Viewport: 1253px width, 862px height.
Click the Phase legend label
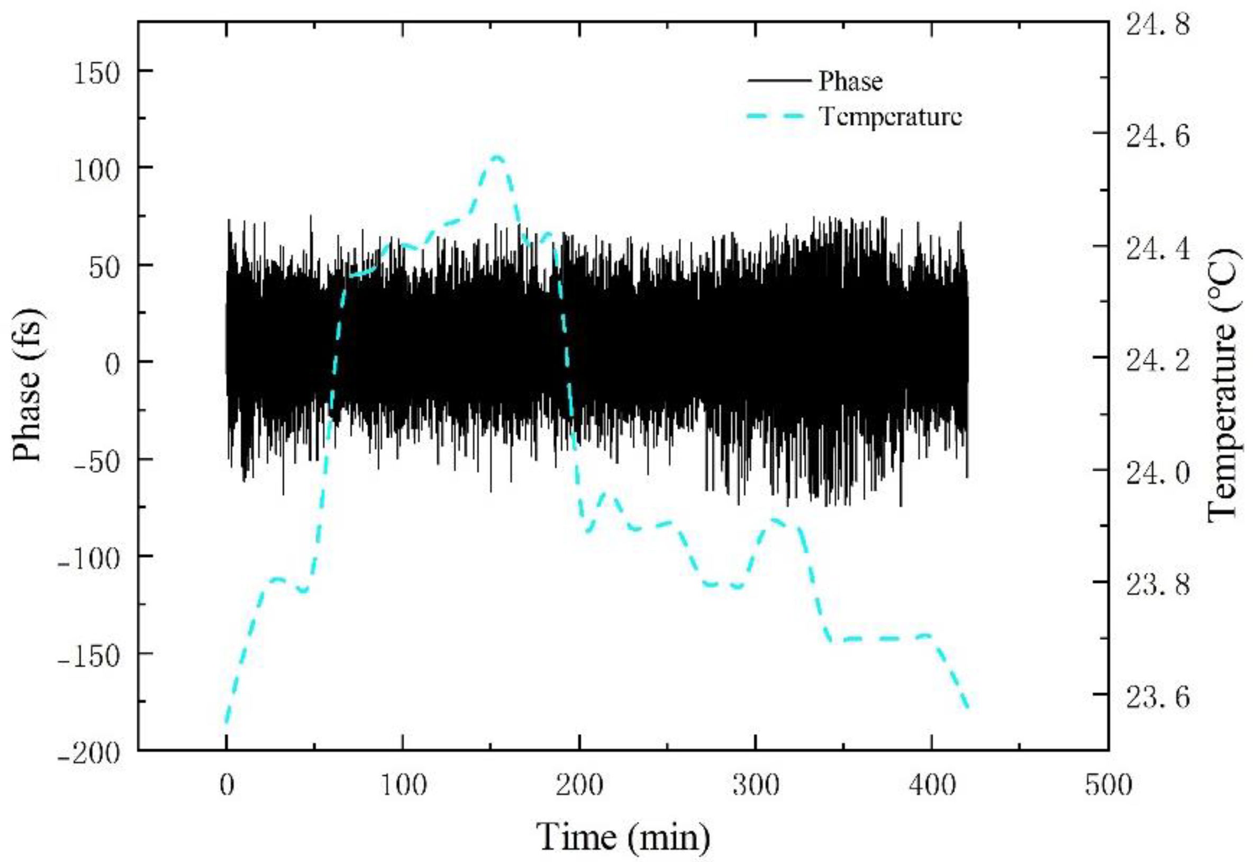(x=850, y=81)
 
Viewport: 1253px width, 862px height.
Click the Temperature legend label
(x=891, y=116)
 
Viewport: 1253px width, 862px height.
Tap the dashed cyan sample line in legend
(x=778, y=116)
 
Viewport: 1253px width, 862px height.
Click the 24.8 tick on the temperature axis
(x=1157, y=25)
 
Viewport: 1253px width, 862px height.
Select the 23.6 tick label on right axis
(x=1157, y=696)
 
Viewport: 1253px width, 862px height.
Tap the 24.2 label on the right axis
(x=1157, y=361)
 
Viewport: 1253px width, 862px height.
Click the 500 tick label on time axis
(x=1108, y=785)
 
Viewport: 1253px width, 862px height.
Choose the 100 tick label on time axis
(x=403, y=785)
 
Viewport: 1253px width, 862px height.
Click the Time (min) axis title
(x=623, y=837)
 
